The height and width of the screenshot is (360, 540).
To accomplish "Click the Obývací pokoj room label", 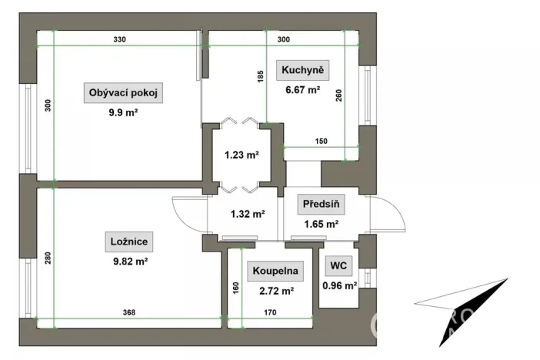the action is pos(123,92).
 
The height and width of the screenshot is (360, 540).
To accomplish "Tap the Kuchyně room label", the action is pos(303,70).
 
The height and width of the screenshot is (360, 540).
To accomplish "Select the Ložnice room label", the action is pos(129,242).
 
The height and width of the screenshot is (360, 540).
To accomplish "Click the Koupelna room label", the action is pos(275,271).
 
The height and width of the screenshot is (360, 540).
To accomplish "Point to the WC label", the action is pos(338,265).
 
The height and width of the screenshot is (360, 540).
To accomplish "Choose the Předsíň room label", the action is pos(321,204).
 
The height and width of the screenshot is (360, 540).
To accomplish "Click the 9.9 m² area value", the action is pos(123,112).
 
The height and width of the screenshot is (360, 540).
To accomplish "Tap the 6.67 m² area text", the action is pos(303,90).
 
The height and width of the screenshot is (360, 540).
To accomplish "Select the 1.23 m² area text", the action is pos(242,155).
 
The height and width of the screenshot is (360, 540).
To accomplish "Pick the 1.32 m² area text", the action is pos(248,215).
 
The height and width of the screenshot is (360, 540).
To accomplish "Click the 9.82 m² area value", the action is pos(131,262).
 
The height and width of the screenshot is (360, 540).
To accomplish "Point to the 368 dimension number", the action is pos(129,312).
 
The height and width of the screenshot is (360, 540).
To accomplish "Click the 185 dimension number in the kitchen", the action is pos(260,76).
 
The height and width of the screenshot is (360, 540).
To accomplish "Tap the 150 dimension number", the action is pos(322,142).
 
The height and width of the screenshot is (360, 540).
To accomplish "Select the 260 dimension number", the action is pos(339,95).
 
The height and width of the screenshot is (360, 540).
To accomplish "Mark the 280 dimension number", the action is pos(48,258).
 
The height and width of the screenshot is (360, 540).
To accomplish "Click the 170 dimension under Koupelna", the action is pos(270,312).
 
